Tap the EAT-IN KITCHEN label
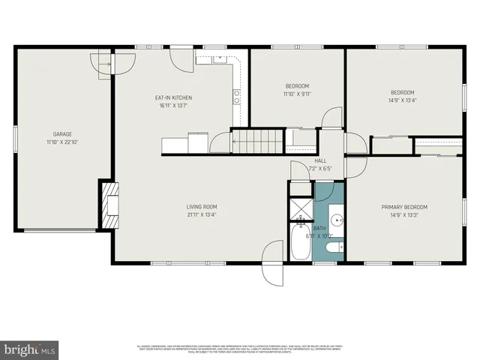173,98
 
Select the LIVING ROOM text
202,207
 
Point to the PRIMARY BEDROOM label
404,207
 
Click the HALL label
320,160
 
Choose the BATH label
319,228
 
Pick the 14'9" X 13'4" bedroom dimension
403,100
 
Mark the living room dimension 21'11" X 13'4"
202,215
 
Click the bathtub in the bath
301,245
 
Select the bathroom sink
337,220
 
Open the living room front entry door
271,265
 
